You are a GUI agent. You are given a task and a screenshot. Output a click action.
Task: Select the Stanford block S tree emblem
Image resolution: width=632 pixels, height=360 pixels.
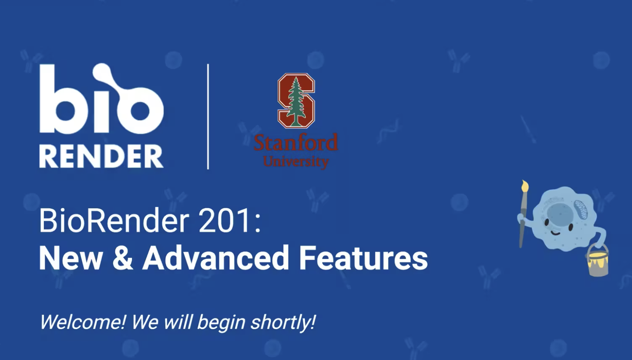[x=296, y=101]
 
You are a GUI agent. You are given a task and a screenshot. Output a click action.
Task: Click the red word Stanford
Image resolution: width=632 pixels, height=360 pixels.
[x=296, y=143]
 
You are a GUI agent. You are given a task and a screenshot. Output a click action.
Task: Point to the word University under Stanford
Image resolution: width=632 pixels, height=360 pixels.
[x=296, y=162]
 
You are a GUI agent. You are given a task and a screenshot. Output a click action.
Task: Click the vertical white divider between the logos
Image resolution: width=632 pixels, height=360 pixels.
[x=208, y=116]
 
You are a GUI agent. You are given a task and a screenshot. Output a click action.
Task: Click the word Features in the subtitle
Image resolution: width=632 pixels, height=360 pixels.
[x=363, y=258]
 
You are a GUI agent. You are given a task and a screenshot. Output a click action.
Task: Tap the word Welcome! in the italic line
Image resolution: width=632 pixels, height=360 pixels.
[x=82, y=322]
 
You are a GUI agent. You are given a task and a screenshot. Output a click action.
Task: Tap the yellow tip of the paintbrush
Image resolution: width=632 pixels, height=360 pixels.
[x=525, y=186]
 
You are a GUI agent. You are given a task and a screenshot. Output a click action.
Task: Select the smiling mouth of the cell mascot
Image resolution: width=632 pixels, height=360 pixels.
[x=555, y=232]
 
